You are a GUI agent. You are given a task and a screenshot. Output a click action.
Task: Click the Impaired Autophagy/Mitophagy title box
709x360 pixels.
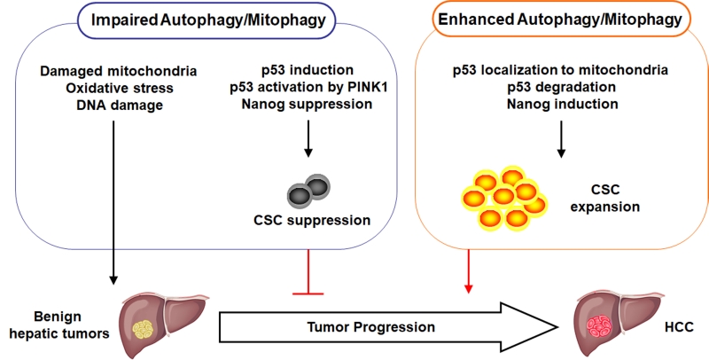pyautogui.click(x=208, y=20)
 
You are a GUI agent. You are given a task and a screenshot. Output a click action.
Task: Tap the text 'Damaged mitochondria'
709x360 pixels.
pyautogui.click(x=119, y=71)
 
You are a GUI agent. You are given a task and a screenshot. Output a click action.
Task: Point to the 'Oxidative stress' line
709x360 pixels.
pyautogui.click(x=120, y=88)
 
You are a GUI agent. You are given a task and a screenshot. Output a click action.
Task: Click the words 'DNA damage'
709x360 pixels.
pyautogui.click(x=120, y=105)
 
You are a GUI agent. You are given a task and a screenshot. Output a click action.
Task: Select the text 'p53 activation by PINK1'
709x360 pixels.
pyautogui.click(x=308, y=87)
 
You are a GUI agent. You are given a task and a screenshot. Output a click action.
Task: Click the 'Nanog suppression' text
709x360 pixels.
pyautogui.click(x=307, y=104)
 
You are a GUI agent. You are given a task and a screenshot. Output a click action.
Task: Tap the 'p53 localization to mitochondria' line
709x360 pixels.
pyautogui.click(x=561, y=70)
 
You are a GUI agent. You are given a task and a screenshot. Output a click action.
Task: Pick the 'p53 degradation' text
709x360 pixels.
pyautogui.click(x=562, y=87)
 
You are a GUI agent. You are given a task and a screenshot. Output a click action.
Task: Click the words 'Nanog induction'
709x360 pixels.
pyautogui.click(x=562, y=104)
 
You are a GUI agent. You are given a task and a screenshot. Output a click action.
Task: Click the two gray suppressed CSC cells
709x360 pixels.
pyautogui.click(x=308, y=192)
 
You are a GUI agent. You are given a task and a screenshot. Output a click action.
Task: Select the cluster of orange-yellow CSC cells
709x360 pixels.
pyautogui.click(x=504, y=198)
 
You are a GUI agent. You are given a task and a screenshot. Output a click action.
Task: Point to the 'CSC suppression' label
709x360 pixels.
pyautogui.click(x=312, y=220)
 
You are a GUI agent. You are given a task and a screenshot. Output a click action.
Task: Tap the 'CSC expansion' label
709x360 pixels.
pyautogui.click(x=605, y=198)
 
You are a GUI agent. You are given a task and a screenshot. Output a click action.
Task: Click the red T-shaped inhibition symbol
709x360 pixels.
pyautogui.click(x=308, y=272)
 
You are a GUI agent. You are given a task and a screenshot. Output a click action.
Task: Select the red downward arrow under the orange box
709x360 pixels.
pyautogui.click(x=469, y=271)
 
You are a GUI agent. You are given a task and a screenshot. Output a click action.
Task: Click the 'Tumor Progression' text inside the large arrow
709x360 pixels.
pyautogui.click(x=370, y=326)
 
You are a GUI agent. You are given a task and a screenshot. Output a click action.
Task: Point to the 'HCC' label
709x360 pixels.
pyautogui.click(x=679, y=327)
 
